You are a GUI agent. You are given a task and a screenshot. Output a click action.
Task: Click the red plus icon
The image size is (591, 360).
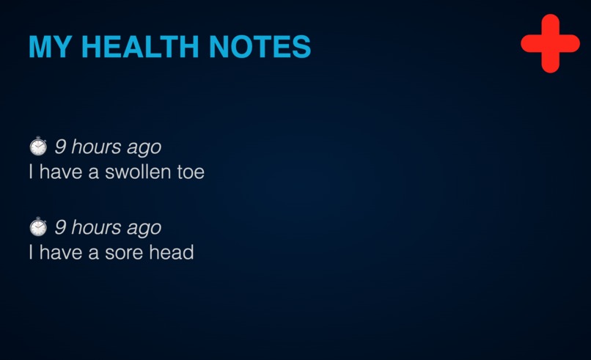(550, 43)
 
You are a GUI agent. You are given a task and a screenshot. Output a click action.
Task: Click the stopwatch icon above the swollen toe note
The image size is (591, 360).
(37, 147)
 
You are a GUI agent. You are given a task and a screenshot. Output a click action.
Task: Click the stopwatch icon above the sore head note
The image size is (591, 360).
(37, 227)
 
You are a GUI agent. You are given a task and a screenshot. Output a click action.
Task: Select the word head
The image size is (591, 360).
(174, 253)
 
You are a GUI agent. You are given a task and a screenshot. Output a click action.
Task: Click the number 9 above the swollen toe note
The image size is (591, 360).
(60, 147)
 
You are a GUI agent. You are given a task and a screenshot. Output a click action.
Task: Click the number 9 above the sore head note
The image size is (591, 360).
(60, 227)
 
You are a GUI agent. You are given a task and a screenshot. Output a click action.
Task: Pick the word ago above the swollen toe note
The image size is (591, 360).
(144, 148)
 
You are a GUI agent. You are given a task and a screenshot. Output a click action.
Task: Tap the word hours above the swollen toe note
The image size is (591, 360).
(96, 147)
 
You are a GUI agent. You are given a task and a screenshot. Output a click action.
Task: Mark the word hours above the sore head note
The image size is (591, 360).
(96, 227)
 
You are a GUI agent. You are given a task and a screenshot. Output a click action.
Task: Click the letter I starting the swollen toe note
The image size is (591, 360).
(31, 173)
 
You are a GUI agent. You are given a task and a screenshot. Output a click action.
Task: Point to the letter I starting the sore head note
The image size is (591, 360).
(31, 253)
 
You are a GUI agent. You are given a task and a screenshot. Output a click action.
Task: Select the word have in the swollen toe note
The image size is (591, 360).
(59, 173)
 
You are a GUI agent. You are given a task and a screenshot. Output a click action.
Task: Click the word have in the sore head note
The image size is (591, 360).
(59, 253)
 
